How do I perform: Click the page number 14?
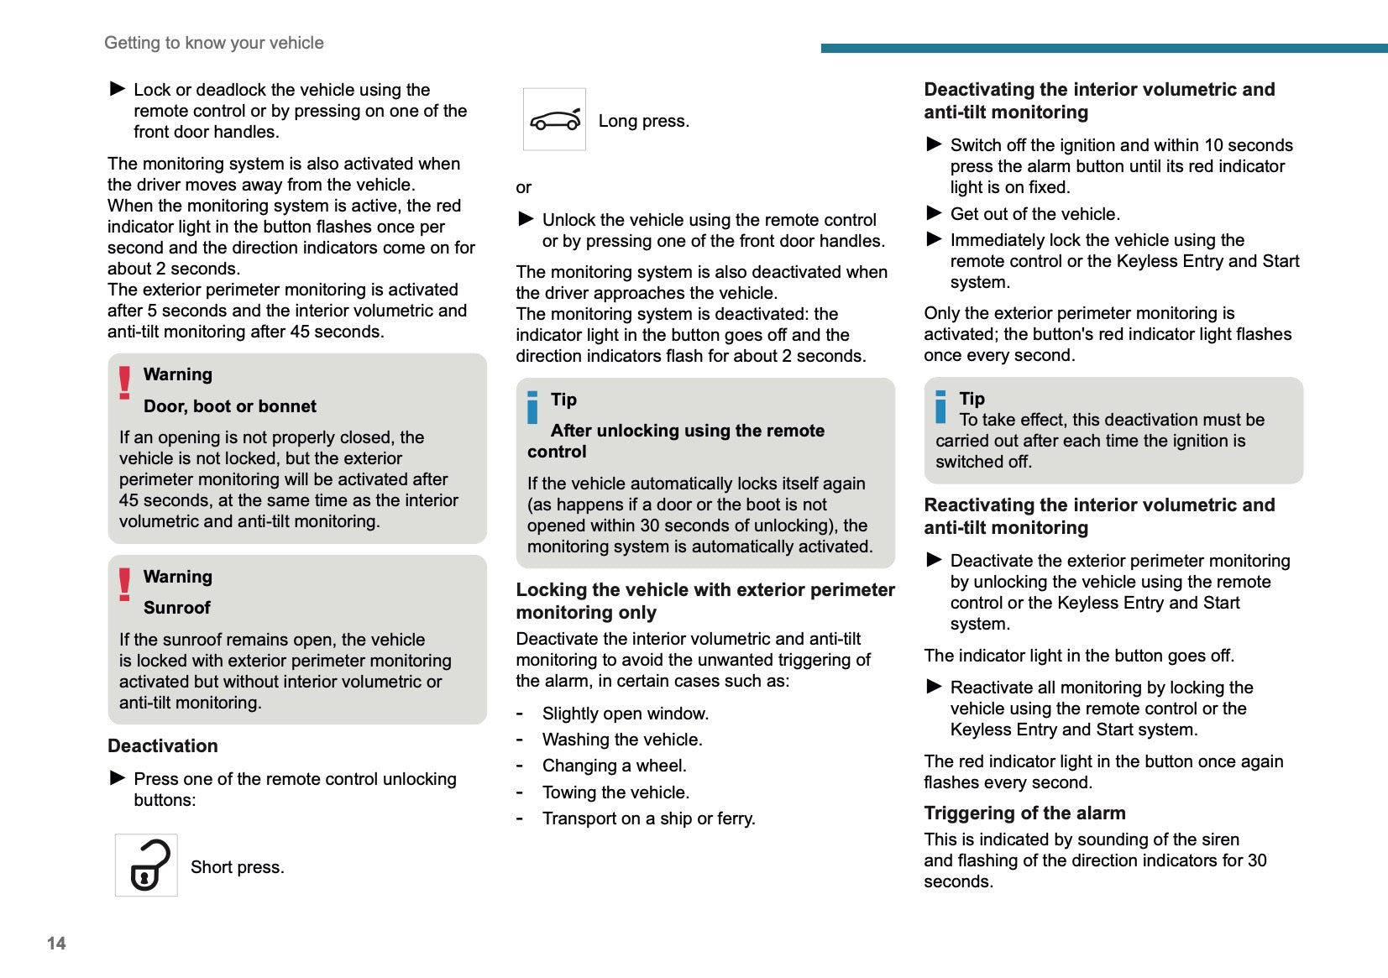point(56,943)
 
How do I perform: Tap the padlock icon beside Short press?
point(147,866)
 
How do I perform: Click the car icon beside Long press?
point(554,120)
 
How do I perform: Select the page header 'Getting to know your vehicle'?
point(213,43)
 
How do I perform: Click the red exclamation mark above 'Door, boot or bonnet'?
point(125,382)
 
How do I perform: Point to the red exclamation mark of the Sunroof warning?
point(125,584)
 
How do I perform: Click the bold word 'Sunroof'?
point(177,608)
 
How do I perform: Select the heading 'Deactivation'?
point(163,746)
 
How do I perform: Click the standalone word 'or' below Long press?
point(523,187)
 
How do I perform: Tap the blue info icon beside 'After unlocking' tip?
point(532,407)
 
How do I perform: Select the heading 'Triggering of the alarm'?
point(1024,813)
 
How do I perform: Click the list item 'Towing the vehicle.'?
point(615,792)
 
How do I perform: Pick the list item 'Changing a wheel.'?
point(614,766)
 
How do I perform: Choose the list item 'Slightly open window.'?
point(625,714)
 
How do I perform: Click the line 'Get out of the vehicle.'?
point(1034,214)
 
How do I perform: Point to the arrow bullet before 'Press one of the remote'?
point(118,778)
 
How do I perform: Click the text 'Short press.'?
point(238,867)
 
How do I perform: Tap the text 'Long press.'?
point(643,121)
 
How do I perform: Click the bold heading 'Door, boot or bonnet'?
point(230,406)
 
